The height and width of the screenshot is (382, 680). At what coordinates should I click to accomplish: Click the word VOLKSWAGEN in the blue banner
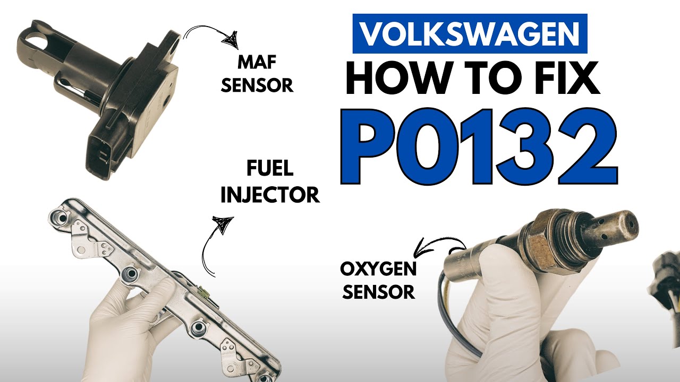pyautogui.click(x=470, y=33)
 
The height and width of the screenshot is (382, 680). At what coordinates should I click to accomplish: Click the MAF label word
pyautogui.click(x=257, y=63)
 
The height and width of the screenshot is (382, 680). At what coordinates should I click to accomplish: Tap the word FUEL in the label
pyautogui.click(x=270, y=169)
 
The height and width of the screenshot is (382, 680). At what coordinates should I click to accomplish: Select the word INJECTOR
pyautogui.click(x=270, y=195)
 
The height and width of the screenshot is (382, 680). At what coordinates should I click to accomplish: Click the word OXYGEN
pyautogui.click(x=378, y=269)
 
